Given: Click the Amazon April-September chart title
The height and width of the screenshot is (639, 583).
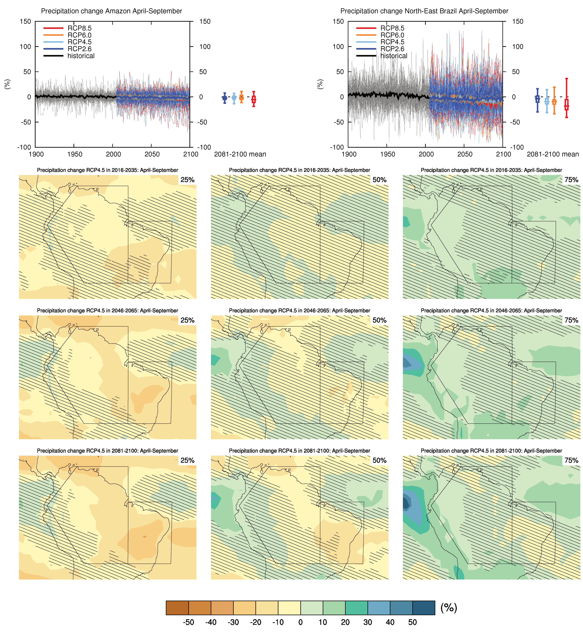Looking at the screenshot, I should click(111, 11).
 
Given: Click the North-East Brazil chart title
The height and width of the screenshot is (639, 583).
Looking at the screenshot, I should click(424, 11).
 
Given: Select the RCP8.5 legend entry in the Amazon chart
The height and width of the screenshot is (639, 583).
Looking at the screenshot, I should click(79, 28).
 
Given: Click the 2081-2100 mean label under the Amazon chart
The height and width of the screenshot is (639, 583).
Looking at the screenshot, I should click(240, 154).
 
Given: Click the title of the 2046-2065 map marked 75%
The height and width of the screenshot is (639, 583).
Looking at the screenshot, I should click(491, 311).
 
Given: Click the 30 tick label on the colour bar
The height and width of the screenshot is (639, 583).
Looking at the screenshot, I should click(368, 622).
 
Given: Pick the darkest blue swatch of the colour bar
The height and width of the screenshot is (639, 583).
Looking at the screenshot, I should click(424, 608).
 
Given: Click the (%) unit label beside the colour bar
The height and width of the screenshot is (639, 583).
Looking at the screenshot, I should click(449, 608).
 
